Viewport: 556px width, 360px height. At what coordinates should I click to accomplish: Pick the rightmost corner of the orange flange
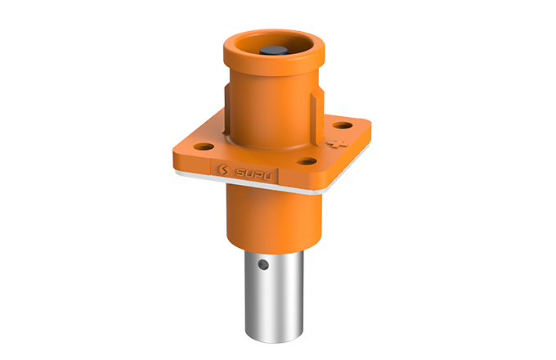click(x=373, y=129)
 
